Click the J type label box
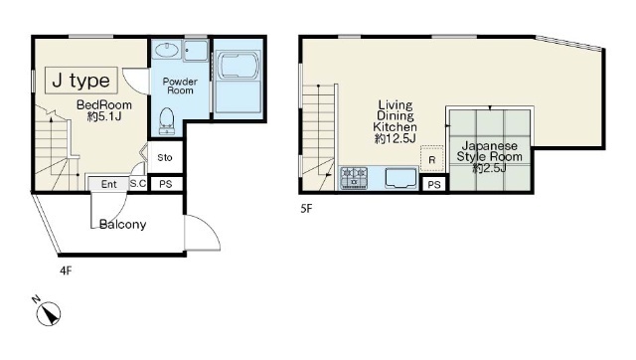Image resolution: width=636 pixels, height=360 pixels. [x=81, y=81]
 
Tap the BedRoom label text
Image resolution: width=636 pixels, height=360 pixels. [x=104, y=105]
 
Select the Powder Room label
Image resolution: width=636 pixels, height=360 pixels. [x=180, y=87]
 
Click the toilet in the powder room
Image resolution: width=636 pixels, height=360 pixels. [x=167, y=120]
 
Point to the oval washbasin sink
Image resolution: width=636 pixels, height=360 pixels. [x=166, y=51]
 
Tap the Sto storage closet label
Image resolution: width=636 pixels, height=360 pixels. [x=165, y=157]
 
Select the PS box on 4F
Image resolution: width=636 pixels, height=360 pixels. [x=166, y=184]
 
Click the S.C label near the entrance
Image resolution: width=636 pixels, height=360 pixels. [x=138, y=183]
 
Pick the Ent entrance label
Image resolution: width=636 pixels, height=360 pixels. [x=108, y=184]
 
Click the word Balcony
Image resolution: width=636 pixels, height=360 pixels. [x=122, y=225]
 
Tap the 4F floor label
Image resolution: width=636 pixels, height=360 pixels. [x=66, y=270]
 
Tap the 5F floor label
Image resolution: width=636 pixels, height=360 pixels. [x=306, y=209]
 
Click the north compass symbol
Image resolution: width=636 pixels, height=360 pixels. [x=48, y=312]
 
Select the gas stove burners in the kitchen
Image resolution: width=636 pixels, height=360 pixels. [x=354, y=178]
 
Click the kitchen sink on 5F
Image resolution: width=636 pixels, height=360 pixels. [x=401, y=179]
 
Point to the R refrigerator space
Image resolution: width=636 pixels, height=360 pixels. [x=432, y=158]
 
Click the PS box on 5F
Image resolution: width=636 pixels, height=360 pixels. [x=434, y=185]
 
